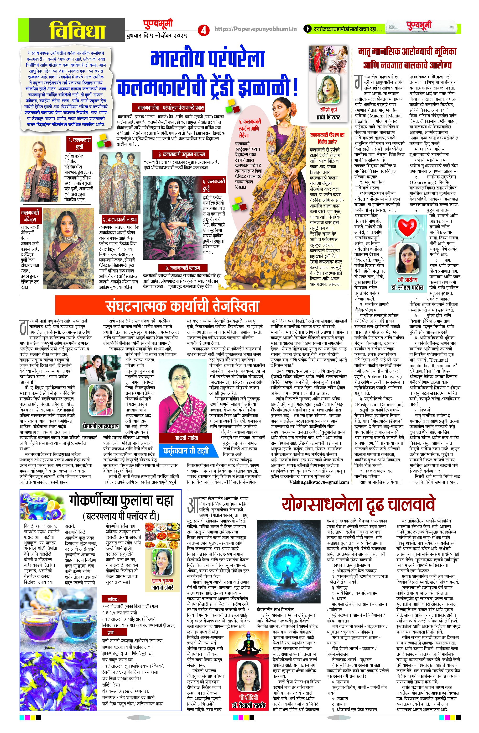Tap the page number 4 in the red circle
click(203, 30)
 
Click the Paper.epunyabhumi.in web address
click(255, 29)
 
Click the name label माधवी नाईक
click(187, 438)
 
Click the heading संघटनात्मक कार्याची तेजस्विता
click(182, 306)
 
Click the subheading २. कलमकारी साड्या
click(120, 219)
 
